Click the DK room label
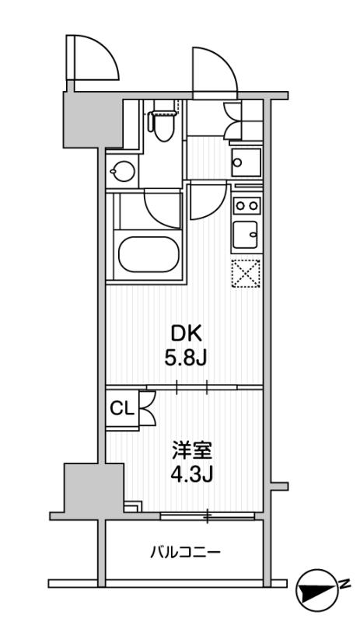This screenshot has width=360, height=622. coord(187,335)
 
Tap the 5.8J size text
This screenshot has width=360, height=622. coord(185,359)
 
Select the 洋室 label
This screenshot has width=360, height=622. coord(192,451)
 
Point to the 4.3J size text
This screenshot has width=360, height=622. coord(192,474)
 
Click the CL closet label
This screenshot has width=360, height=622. coord(122,409)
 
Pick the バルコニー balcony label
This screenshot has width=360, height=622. coord(184,552)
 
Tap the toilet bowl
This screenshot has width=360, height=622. coord(163,125)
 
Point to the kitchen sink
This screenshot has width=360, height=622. coord(246,235)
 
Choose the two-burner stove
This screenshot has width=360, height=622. coord(246,205)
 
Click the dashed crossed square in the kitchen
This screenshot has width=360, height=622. coord(246,273)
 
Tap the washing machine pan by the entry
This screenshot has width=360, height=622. coord(246,162)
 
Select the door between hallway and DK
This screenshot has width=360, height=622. coord(208,201)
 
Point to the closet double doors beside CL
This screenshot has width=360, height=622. coord(148,409)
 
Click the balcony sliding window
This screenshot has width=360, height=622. coord(207,515)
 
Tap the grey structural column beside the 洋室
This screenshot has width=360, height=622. coord(94,487)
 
